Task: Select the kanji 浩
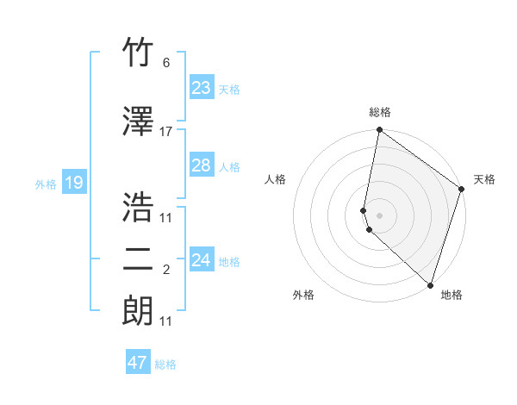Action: [x=138, y=207]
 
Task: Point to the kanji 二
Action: [x=138, y=259]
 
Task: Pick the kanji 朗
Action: [x=138, y=309]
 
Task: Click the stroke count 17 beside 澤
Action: [x=166, y=132]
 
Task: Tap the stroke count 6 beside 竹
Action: [x=166, y=63]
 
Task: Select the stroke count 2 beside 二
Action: [x=166, y=270]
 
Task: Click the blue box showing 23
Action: [x=201, y=87]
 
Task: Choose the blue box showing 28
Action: [x=201, y=165]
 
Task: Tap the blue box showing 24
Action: [x=201, y=260]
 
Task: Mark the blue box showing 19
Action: [x=73, y=183]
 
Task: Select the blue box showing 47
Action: [x=138, y=363]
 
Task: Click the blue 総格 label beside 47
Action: [x=165, y=364]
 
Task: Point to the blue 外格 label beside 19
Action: [x=46, y=184]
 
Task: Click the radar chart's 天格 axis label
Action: [x=484, y=179]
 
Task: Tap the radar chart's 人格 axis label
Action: [x=275, y=179]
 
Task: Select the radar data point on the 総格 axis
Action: [x=379, y=131]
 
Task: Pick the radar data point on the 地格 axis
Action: [x=430, y=285]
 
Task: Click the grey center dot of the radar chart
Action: [x=379, y=215]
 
